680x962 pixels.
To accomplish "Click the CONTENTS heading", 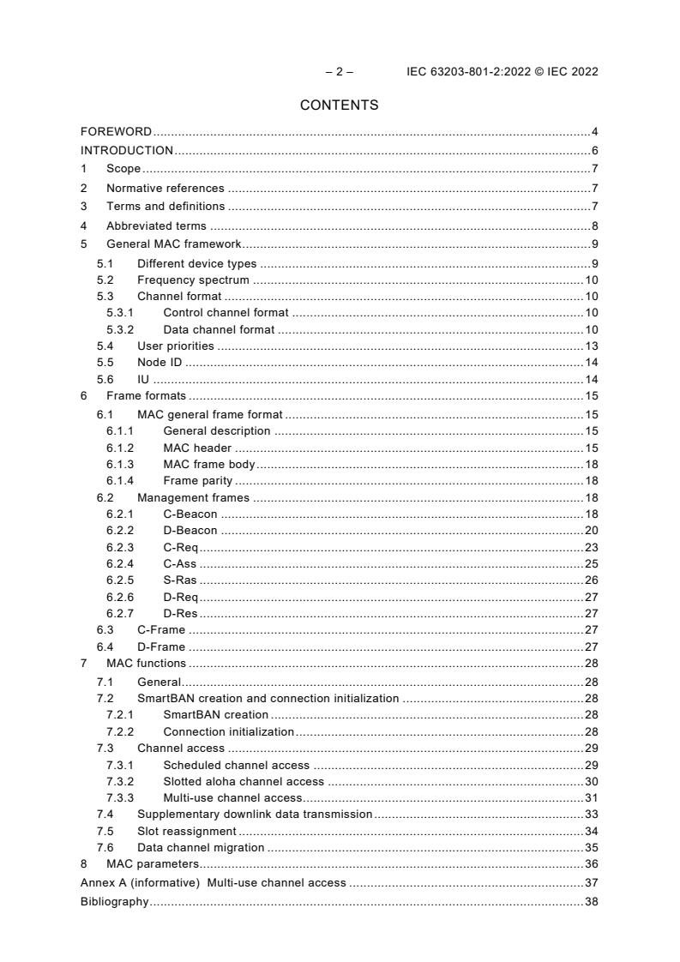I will coord(339,105).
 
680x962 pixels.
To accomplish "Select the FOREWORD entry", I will coord(116,132).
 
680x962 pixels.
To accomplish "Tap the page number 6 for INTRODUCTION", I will coord(593,151).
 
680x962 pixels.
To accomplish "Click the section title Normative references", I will coord(165,188).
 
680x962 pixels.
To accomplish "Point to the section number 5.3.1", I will coord(121,313).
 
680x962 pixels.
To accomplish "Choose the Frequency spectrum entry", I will coord(193,280).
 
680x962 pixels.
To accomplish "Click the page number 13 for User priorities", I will coord(591,346).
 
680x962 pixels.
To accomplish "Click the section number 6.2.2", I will coord(121,531).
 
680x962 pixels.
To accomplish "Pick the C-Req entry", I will coord(180,547).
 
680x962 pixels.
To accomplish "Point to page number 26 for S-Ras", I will coord(591,580).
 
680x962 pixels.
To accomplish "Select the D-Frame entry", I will coord(161,647).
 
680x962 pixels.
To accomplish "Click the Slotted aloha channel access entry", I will coord(244,781).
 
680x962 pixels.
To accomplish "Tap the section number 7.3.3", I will coord(121,797).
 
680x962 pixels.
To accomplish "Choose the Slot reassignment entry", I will coord(186,831).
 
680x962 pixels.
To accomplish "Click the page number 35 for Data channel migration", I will coord(591,847).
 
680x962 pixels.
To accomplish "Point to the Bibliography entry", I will coord(114,902).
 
